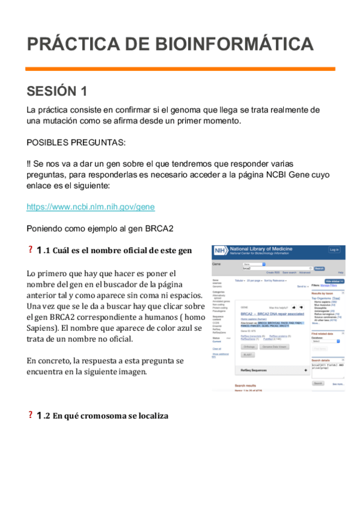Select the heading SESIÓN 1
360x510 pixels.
[x=57, y=91]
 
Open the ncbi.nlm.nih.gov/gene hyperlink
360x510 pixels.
[x=90, y=207]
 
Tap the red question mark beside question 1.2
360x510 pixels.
[x=30, y=415]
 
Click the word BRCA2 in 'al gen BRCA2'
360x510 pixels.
[x=159, y=229]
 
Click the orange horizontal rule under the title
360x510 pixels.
[x=180, y=69]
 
